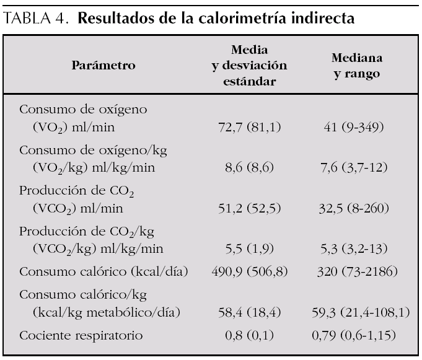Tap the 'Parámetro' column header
click(103, 64)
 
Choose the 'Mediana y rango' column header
click(357, 64)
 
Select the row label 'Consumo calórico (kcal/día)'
click(103, 271)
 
